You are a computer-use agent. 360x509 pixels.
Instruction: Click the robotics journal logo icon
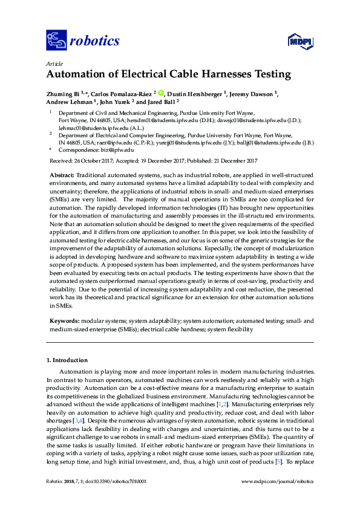[x=56, y=41]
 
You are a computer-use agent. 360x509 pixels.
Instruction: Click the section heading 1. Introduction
[x=67, y=360]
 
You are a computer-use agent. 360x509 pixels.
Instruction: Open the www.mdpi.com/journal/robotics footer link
[x=277, y=481]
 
